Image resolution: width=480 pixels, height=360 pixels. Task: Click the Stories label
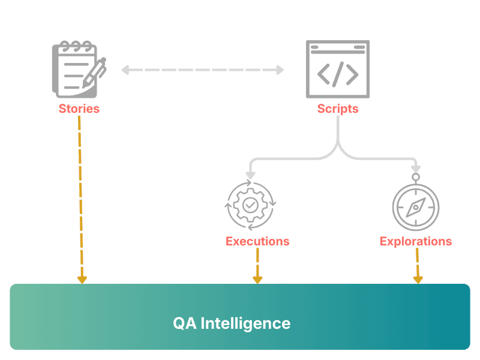pyautogui.click(x=79, y=109)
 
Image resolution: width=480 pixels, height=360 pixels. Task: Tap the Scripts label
pyautogui.click(x=338, y=109)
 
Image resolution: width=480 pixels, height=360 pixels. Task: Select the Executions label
pyautogui.click(x=257, y=241)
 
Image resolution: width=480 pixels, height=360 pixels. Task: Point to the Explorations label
pyautogui.click(x=416, y=241)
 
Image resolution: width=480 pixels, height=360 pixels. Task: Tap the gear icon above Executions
pyautogui.click(x=250, y=205)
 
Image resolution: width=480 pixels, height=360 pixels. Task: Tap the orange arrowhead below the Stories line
pyautogui.click(x=82, y=279)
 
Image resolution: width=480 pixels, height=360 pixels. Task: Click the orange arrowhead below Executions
pyautogui.click(x=257, y=279)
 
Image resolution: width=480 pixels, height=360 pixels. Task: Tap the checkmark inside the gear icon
pyautogui.click(x=250, y=205)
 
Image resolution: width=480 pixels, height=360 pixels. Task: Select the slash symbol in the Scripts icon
pyautogui.click(x=338, y=73)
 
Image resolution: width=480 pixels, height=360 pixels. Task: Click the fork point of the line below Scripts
pyautogui.click(x=338, y=146)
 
